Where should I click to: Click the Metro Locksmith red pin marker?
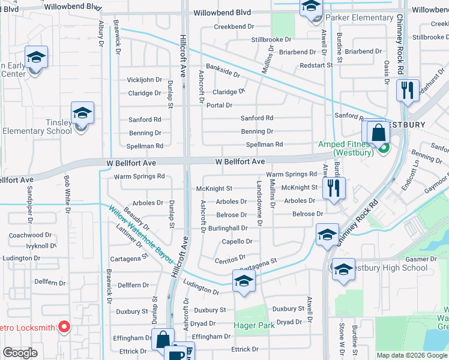coord(65,328)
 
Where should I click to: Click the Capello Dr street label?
coord(237,241)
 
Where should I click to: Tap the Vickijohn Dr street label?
coord(144,80)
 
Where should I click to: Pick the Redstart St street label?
coord(315,65)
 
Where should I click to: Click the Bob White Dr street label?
coord(67,194)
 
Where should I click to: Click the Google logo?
coord(20,353)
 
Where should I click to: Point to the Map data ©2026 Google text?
coord(411,355)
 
